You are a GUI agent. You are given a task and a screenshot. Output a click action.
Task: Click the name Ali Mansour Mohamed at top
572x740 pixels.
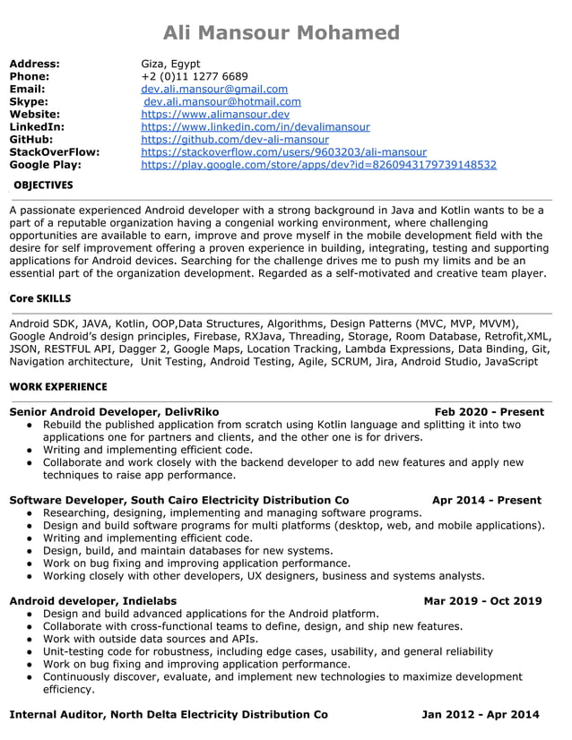282,33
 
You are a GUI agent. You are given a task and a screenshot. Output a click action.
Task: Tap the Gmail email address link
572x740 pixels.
214,90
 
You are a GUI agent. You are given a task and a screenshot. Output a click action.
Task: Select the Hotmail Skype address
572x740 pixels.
222,102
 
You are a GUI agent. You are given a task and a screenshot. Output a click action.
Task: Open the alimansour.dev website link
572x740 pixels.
215,115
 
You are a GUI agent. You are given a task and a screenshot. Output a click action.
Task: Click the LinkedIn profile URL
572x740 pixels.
256,127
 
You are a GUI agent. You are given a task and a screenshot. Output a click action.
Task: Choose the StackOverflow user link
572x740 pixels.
283,152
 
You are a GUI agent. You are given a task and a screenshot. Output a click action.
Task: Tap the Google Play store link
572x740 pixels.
318,165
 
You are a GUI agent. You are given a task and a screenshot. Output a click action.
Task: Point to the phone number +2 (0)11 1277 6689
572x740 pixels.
195,77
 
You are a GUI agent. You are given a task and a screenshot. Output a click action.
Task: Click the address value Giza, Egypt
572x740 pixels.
170,65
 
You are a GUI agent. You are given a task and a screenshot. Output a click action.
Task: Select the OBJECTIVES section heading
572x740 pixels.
43,185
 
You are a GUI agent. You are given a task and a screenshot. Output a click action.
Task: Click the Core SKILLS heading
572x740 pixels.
39,298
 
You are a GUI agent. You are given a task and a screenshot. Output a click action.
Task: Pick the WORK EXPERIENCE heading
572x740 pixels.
57,387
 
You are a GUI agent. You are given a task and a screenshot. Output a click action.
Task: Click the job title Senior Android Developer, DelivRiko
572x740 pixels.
114,412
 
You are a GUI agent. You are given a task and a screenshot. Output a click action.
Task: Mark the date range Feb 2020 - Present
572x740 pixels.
490,412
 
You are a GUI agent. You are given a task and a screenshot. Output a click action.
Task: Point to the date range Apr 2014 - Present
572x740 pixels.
486,500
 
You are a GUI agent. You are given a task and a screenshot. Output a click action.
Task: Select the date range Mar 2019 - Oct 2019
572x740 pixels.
482,601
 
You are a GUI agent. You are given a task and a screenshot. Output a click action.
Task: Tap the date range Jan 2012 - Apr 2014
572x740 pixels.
481,715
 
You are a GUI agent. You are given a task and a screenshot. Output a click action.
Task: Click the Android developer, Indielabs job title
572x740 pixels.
92,601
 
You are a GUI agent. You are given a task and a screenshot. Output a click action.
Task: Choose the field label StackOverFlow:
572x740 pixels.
54,152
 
